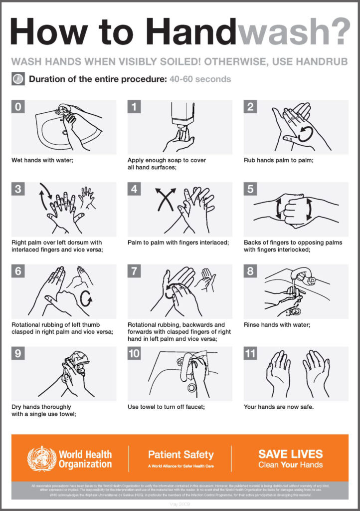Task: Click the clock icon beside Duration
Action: [x=18, y=79]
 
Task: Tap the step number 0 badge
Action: [x=18, y=107]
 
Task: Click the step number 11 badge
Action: [x=251, y=353]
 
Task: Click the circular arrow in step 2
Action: [x=305, y=134]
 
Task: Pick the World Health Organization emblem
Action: [x=41, y=459]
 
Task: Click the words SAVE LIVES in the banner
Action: [x=290, y=454]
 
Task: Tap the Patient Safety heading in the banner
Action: [x=180, y=455]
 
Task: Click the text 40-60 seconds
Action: [x=200, y=79]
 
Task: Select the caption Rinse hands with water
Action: [x=277, y=325]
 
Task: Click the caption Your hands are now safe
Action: [x=278, y=407]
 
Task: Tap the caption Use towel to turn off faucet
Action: [x=166, y=407]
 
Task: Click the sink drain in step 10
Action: [x=191, y=387]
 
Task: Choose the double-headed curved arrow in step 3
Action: [x=45, y=195]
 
